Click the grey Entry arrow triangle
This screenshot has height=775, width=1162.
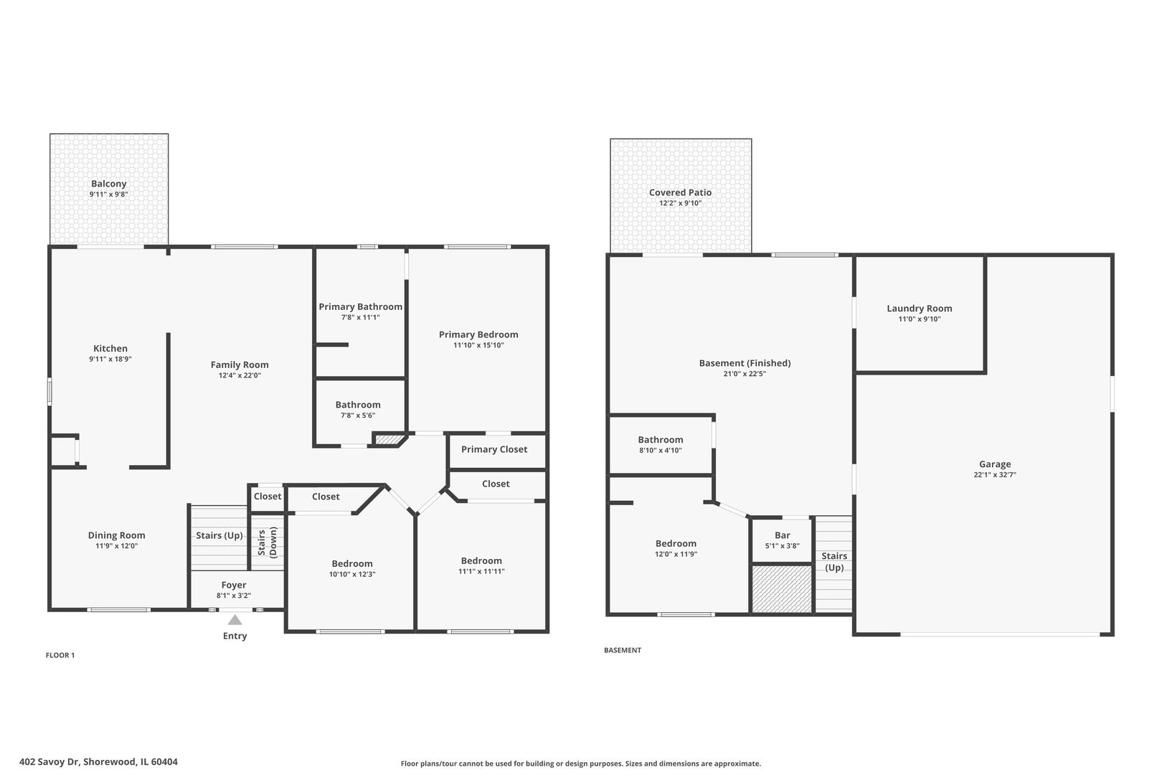point(235,620)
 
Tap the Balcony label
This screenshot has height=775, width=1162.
point(109,184)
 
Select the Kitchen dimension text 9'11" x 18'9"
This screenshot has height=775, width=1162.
point(110,360)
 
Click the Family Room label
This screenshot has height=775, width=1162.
point(240,365)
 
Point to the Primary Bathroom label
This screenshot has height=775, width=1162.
point(361,307)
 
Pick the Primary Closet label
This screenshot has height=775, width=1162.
point(494,449)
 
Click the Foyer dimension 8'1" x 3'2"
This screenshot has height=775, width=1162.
point(234,596)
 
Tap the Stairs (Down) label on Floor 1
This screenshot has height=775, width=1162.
point(268,542)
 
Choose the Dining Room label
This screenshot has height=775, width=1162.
point(117,535)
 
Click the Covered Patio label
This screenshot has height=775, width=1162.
point(681,192)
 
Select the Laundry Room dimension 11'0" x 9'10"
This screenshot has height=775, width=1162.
point(920,319)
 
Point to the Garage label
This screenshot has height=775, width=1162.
point(995,464)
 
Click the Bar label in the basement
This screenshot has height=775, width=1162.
point(783,535)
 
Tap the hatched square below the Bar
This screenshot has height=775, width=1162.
point(782,589)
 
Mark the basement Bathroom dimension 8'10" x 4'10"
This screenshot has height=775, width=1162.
point(661,451)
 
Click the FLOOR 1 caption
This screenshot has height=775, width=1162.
point(60,656)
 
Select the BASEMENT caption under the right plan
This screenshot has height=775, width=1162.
point(623,650)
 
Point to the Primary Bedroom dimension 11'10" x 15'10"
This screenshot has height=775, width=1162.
point(479,345)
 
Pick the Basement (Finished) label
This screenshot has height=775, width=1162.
point(745,363)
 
